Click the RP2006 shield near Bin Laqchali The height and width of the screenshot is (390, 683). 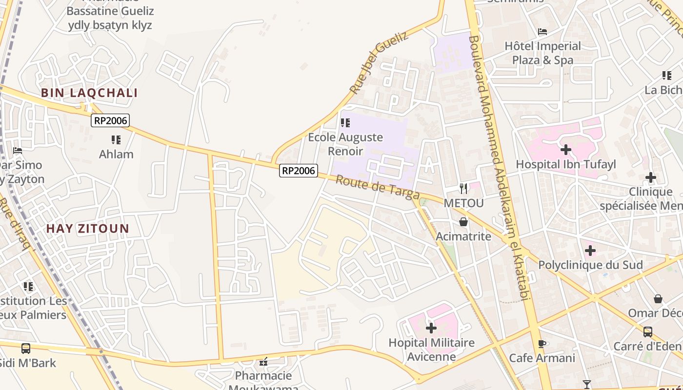click(x=110, y=120)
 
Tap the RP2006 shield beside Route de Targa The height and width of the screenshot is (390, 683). click(x=299, y=171)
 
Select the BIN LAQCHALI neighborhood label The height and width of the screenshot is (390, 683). click(x=89, y=93)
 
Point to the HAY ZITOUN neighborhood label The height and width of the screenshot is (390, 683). click(x=88, y=229)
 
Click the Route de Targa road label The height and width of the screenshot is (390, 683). click(x=378, y=188)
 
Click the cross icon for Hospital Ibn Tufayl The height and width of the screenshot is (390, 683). click(x=566, y=150)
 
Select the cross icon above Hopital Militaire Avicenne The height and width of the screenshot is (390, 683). click(x=431, y=328)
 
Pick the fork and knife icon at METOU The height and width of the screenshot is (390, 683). click(x=463, y=188)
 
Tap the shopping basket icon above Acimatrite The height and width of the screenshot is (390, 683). click(x=463, y=222)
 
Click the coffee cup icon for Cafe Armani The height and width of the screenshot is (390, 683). click(x=542, y=344)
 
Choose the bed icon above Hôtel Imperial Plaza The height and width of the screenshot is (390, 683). click(x=542, y=32)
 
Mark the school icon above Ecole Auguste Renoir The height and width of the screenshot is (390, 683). click(x=345, y=123)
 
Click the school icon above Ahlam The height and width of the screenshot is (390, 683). click(x=116, y=140)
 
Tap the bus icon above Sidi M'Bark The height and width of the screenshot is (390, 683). click(x=26, y=349)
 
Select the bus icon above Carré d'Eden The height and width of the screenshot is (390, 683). click(x=648, y=332)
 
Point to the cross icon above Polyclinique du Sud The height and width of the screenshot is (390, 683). click(x=590, y=251)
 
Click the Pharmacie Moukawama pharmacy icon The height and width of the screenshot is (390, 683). click(x=263, y=362)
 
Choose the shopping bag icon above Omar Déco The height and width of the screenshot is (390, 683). click(x=658, y=298)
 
